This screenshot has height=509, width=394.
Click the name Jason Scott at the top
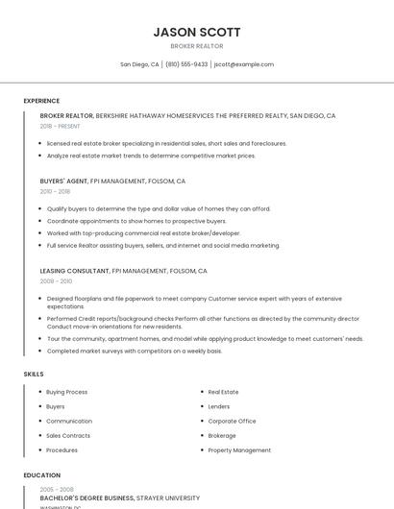click(197, 32)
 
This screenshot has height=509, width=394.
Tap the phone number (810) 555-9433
click(186, 64)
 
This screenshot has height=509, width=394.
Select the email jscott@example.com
click(244, 64)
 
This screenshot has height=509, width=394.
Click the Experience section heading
click(41, 101)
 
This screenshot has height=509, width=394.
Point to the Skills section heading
click(33, 374)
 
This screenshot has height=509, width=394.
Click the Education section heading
click(41, 475)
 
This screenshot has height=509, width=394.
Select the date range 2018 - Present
click(60, 126)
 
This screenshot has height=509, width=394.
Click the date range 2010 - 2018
click(55, 191)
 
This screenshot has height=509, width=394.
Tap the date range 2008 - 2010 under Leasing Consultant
click(56, 281)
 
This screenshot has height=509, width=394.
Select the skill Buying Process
click(66, 392)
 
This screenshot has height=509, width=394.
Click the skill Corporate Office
click(232, 421)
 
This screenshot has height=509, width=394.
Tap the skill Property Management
click(239, 449)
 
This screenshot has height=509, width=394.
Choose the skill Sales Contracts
click(68, 435)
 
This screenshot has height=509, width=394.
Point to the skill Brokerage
click(222, 435)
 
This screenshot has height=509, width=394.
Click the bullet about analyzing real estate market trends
click(151, 156)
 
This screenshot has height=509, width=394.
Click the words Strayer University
click(168, 498)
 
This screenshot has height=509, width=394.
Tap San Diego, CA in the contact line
click(139, 64)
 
